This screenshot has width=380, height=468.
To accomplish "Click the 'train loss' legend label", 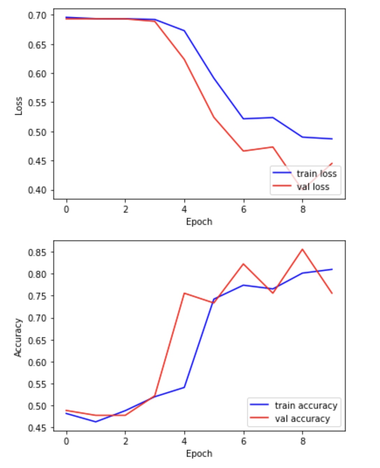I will (x=316, y=174).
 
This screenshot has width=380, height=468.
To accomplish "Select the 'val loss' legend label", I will (x=313, y=187).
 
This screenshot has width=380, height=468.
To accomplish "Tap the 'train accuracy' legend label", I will (x=306, y=405).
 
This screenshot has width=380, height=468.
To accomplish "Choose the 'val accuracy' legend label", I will (x=302, y=419).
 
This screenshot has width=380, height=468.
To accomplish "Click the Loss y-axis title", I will (x=19, y=106).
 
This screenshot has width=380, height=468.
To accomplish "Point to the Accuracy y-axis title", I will (x=18, y=337).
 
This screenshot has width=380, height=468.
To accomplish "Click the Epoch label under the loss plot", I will (x=199, y=222).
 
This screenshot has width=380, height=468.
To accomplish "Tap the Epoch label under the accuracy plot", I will (x=199, y=454).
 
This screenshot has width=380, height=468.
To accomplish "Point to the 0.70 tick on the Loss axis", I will (x=37, y=15).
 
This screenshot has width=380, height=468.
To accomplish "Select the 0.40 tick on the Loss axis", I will (x=37, y=190).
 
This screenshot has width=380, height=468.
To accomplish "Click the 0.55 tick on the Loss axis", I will (x=37, y=103).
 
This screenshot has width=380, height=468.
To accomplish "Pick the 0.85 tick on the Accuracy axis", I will (x=37, y=252).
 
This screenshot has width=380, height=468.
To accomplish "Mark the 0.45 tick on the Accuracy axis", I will (x=37, y=428).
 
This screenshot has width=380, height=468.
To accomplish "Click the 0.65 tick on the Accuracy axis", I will (x=37, y=340).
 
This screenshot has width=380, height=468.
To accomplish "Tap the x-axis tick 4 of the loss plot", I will (x=184, y=209).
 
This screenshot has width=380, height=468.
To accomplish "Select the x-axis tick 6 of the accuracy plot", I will (x=243, y=441).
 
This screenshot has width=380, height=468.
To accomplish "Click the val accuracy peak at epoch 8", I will (x=302, y=249).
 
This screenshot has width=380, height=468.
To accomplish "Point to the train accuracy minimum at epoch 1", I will (x=96, y=422).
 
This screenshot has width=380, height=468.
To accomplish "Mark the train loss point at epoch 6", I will (x=243, y=119).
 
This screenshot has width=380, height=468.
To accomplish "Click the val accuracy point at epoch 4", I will (x=184, y=293).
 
